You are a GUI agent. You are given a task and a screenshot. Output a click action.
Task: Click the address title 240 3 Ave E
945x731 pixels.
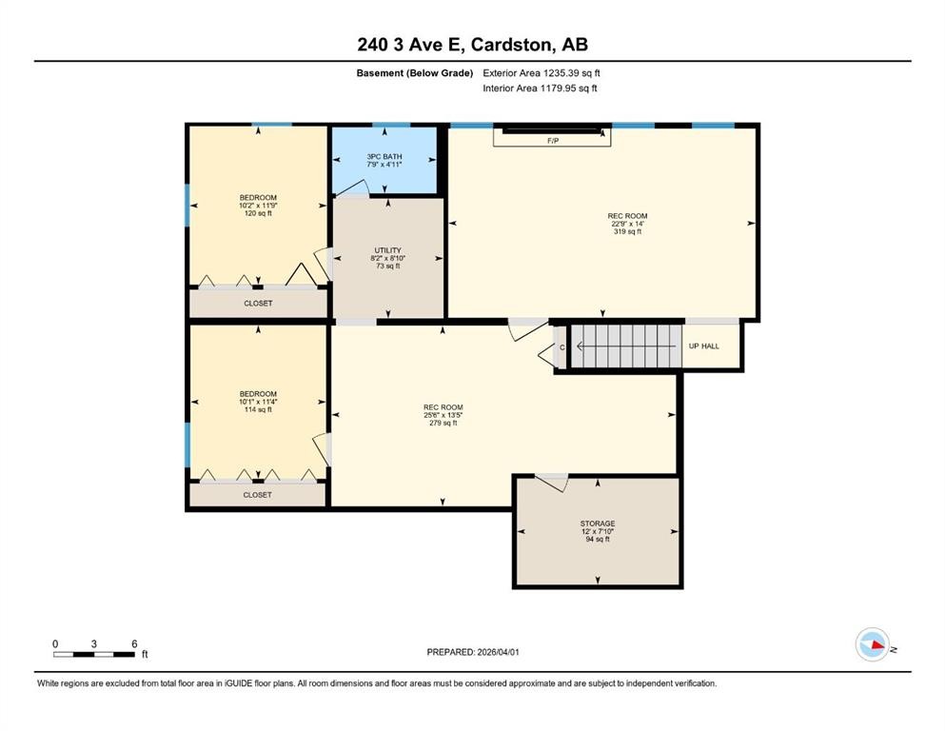coord(410,45)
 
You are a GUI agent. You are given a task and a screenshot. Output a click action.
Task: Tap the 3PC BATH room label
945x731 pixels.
coord(384,157)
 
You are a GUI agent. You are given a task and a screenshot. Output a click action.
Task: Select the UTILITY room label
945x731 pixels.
coord(387,250)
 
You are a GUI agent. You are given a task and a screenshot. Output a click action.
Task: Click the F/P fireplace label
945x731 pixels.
coord(553,141)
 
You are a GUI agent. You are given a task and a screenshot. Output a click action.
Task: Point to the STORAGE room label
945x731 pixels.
coord(598,524)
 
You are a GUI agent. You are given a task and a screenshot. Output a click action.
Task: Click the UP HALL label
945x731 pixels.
coord(704,346)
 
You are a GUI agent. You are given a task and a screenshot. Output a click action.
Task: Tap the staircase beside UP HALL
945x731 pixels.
coord(627,346)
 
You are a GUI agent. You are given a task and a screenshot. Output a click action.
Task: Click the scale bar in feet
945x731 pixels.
coord(94,654)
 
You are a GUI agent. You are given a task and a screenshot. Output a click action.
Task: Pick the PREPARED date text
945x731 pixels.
coord(472,652)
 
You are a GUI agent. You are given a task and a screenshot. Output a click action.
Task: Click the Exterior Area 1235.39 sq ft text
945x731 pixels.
coord(541,73)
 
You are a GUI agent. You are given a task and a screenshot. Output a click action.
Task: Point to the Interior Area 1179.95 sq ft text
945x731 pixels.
coord(540,88)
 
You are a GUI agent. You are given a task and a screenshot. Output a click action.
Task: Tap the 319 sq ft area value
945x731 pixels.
coord(627,231)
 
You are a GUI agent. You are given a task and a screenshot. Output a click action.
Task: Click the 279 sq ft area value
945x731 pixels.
coord(443,423)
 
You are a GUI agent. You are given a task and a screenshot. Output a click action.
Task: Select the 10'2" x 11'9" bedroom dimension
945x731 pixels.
coord(258,206)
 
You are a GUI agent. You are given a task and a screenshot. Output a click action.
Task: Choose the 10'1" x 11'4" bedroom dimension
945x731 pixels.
coord(258,402)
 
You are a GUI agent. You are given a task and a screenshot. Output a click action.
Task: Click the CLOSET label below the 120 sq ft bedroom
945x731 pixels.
coord(258,303)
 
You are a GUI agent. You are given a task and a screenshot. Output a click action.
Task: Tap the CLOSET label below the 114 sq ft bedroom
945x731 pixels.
coord(257,495)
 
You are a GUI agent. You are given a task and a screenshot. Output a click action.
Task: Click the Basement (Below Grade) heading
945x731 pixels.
coord(415,73)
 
